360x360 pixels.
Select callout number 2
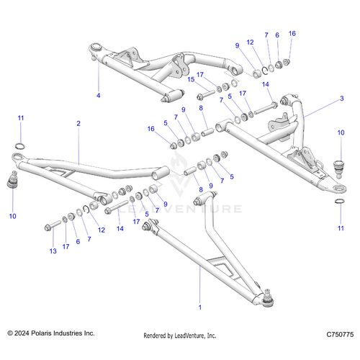(78, 124)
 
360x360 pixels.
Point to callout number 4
(99, 95)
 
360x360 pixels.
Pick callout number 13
(52, 251)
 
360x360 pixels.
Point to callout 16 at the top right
(292, 34)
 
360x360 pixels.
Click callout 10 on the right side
(341, 133)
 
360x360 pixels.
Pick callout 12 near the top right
(251, 42)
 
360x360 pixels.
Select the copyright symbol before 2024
(10, 334)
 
